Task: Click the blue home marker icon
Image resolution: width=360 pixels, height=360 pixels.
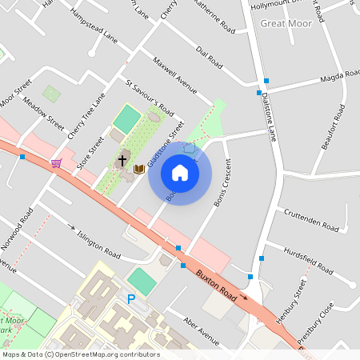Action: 180,173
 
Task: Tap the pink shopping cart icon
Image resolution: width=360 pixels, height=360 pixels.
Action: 56,163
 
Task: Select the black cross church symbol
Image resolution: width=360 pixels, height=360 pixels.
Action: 122,160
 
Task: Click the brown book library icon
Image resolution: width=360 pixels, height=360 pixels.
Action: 139,169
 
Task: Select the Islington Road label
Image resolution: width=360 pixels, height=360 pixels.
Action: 98,245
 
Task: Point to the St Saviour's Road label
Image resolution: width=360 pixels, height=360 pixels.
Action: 150,97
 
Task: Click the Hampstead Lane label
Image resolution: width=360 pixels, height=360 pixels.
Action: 94,26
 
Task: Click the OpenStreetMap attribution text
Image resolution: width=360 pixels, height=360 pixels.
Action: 81,354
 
